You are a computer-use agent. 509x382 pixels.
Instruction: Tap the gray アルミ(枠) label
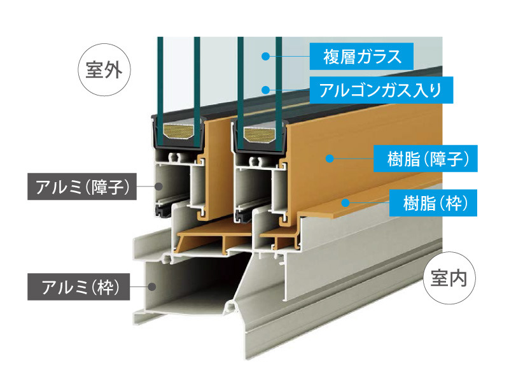point(77,287)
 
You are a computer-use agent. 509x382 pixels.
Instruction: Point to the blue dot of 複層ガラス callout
point(265,57)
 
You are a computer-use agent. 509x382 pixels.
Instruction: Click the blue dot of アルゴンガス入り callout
point(266,90)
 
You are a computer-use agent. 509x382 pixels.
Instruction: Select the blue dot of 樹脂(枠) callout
point(345,203)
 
